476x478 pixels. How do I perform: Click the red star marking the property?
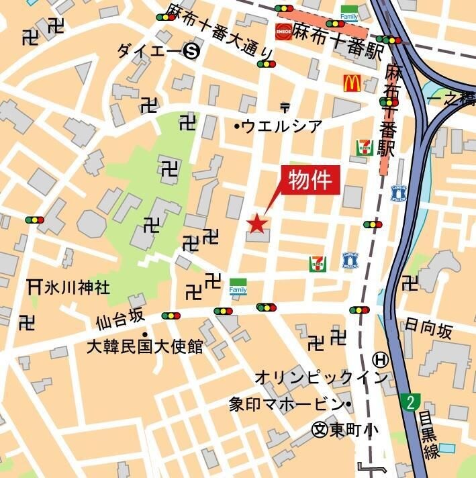[257, 224]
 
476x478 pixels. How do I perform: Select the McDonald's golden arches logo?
[352, 83]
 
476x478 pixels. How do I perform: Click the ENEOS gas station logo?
[283, 30]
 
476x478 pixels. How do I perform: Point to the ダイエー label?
[149, 50]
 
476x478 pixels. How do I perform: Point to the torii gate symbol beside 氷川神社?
[34, 287]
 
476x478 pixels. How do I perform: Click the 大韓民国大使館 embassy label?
[145, 346]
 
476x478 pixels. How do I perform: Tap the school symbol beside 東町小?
[321, 428]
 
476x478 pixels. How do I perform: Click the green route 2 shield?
[410, 402]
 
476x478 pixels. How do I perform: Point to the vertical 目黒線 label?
[430, 436]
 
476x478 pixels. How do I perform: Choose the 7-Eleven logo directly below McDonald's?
[364, 148]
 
